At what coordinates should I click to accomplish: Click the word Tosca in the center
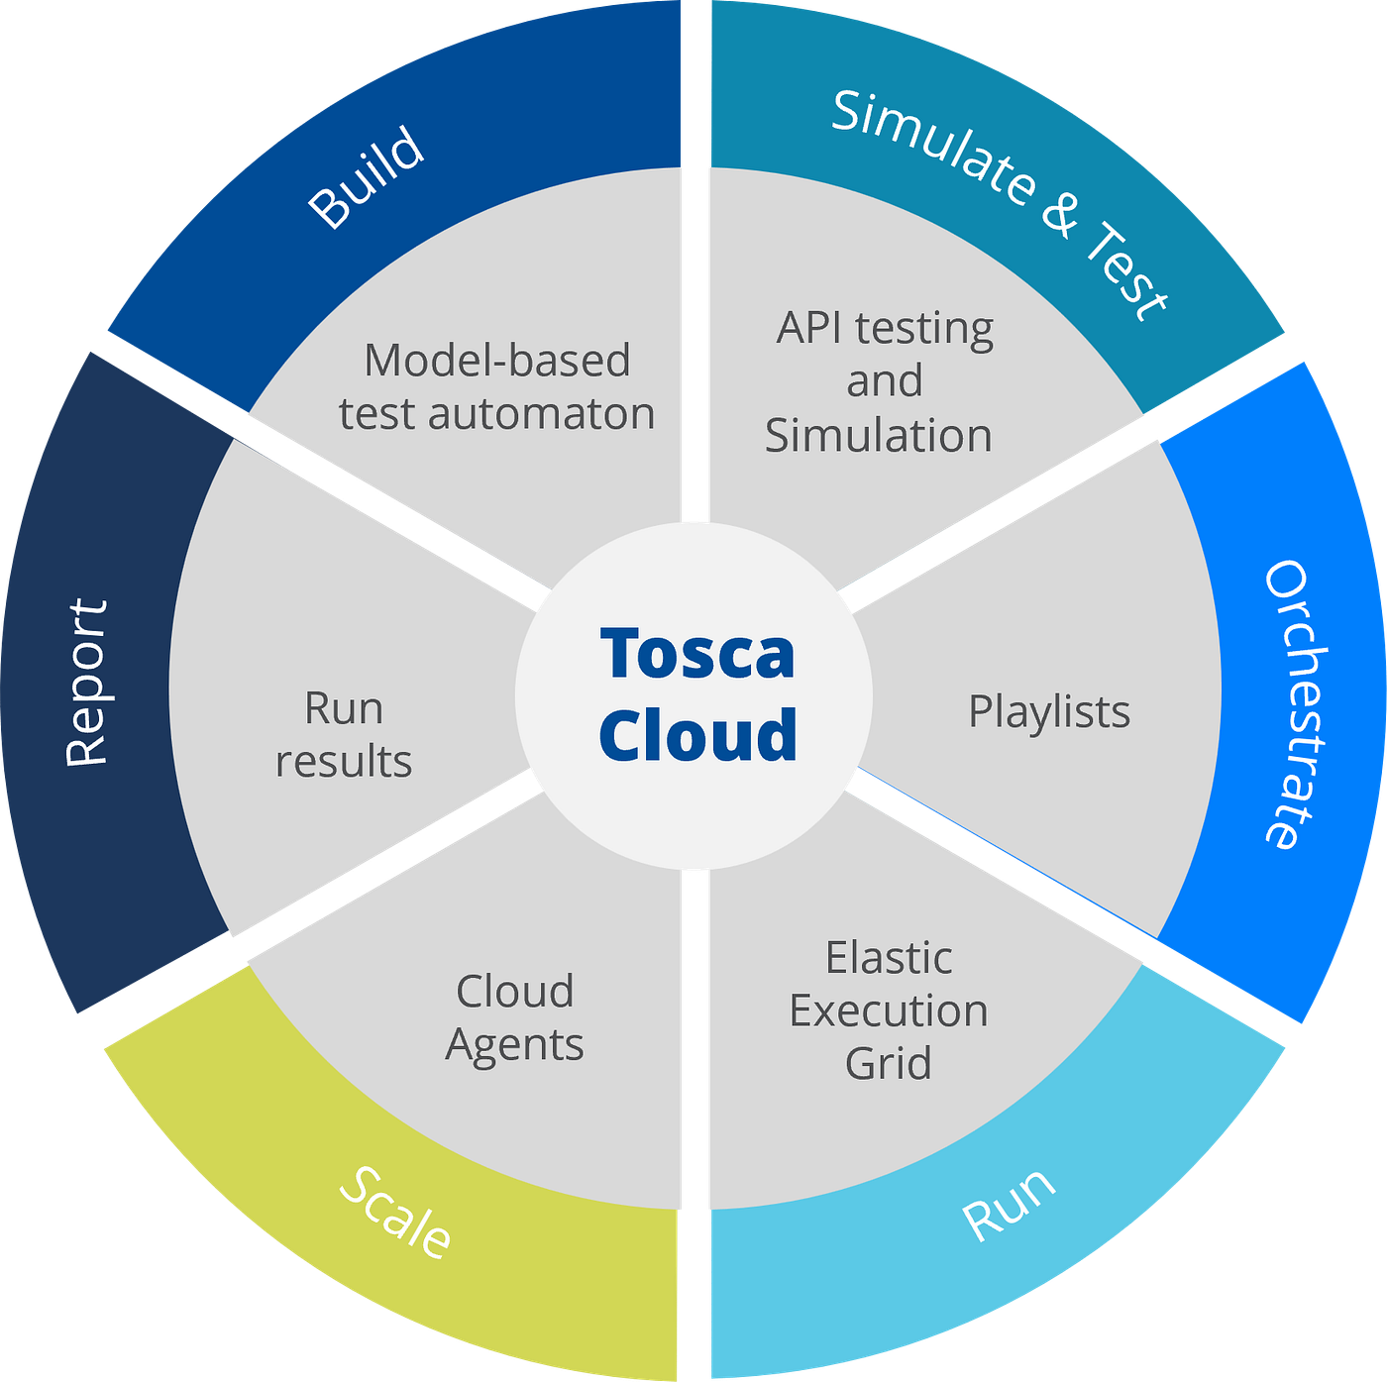[x=696, y=654]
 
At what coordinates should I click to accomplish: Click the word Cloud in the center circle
[x=697, y=735]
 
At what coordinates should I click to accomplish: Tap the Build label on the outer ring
[x=366, y=177]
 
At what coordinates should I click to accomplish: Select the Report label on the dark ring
[x=86, y=683]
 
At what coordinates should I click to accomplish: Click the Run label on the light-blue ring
[x=1009, y=1205]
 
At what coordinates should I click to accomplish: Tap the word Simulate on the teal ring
[x=932, y=148]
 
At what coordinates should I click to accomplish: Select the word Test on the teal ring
[x=1128, y=271]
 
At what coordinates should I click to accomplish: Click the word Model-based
[x=497, y=361]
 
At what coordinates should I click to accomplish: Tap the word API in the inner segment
[x=809, y=328]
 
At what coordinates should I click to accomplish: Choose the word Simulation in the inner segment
[x=879, y=436]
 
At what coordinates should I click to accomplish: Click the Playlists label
[x=1049, y=712]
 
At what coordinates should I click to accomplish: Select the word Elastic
[x=889, y=958]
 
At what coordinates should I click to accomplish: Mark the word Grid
[x=888, y=1064]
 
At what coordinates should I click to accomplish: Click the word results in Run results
[x=344, y=762]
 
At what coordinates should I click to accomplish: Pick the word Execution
[x=889, y=1011]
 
